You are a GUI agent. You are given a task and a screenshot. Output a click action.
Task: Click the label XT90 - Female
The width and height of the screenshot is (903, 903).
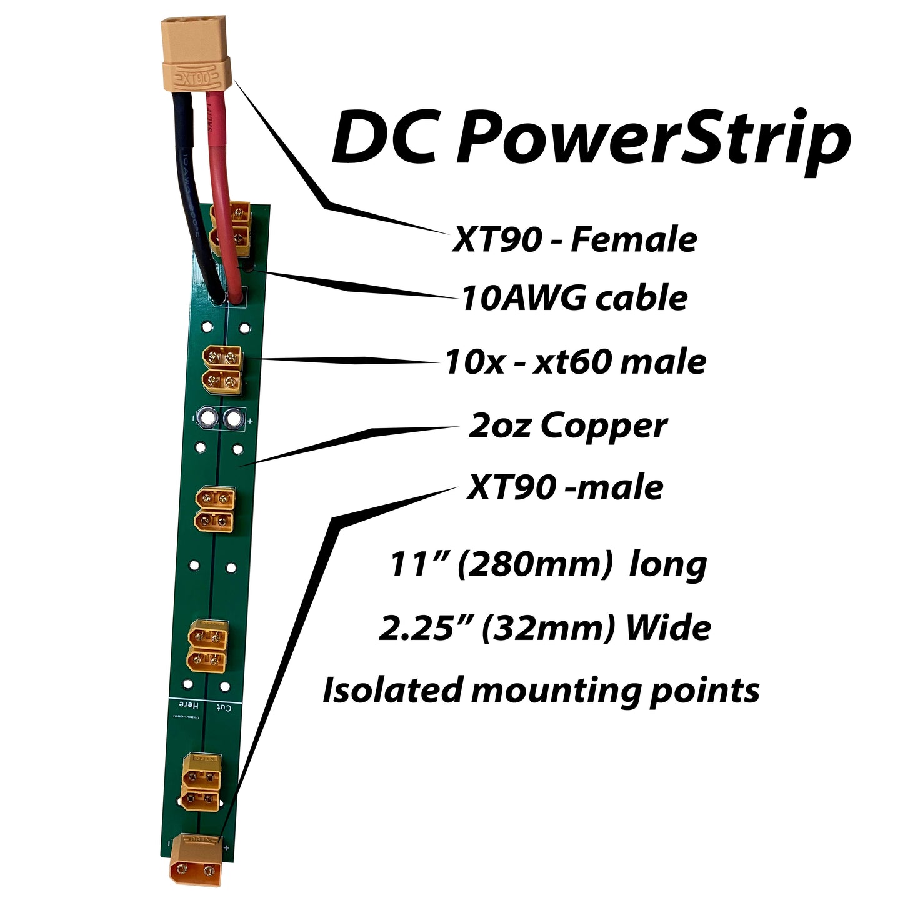[x=574, y=240]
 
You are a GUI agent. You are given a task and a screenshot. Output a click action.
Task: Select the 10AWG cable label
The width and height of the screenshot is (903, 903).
[x=574, y=298]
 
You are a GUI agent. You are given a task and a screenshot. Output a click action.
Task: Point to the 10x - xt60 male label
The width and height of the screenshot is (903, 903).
[x=576, y=362]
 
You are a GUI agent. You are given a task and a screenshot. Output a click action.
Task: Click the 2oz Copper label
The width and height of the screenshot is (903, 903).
[x=567, y=426]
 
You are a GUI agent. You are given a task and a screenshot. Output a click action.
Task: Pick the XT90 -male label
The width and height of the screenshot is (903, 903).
[x=565, y=487]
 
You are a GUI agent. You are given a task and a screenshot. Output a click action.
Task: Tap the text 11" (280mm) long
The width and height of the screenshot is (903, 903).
[x=548, y=564]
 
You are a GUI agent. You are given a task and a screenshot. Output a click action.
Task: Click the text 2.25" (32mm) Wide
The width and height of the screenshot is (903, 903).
[x=544, y=627]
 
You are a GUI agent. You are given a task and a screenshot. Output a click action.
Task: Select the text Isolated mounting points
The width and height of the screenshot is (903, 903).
[x=541, y=691]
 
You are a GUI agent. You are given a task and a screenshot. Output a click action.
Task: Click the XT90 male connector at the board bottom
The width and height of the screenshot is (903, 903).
[x=196, y=860]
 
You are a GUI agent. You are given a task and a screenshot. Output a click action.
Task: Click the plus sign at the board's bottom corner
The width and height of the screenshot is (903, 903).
[x=226, y=848]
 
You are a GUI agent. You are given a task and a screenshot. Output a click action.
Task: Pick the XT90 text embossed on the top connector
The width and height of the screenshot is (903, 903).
[x=196, y=79]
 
